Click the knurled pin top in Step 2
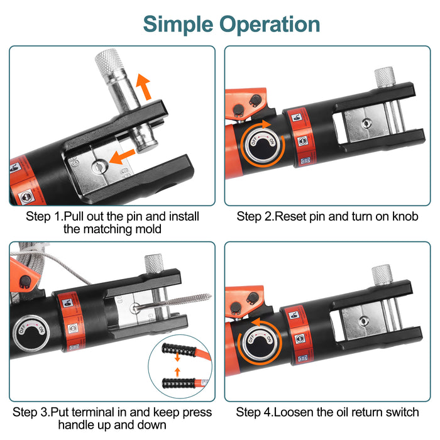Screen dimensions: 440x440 click(x=384, y=77)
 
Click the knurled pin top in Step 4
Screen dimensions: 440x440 click(x=381, y=274)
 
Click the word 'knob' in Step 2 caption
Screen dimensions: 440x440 click(x=405, y=217)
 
